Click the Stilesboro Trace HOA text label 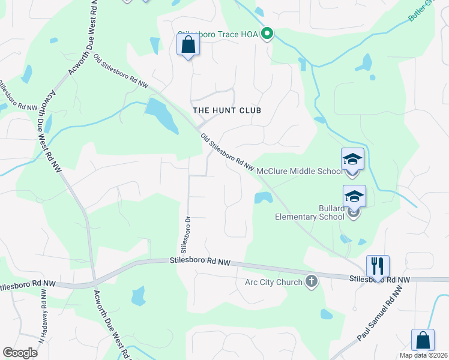point(218,35)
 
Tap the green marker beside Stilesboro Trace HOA point(267,34)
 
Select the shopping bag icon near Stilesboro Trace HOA point(188,45)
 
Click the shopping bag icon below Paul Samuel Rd point(423,340)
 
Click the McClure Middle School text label point(299,171)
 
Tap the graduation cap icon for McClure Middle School point(353,160)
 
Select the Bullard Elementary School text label point(310,212)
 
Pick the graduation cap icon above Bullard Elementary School point(354,196)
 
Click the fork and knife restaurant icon point(378,266)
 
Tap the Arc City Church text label point(273,282)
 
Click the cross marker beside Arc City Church point(311,281)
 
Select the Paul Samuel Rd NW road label point(380,314)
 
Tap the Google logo point(20,353)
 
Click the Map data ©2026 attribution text point(424,355)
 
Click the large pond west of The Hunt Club point(160,114)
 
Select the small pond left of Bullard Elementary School point(262,197)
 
